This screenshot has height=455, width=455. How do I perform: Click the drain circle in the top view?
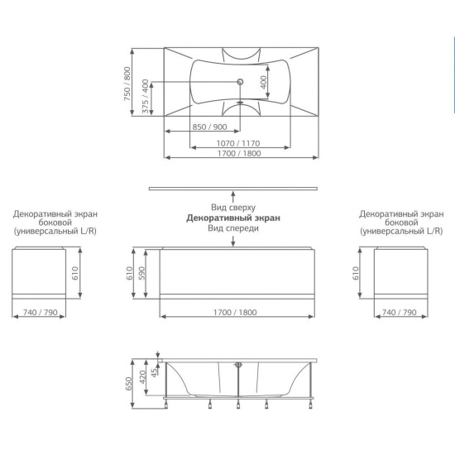tap(240, 82)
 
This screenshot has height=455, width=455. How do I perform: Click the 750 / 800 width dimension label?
tap(127, 84)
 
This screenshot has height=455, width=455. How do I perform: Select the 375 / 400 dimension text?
tap(146, 96)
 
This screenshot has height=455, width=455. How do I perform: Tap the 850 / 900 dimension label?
tap(209, 127)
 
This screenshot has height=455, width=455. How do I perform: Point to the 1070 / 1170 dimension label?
tap(238, 143)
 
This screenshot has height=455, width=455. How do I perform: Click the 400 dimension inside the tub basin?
tap(264, 82)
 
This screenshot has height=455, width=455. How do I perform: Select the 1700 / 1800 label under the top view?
tap(239, 153)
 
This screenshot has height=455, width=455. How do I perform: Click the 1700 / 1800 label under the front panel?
tap(235, 312)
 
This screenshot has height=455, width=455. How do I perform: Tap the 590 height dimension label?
tap(142, 273)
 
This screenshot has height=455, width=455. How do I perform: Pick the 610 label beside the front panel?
tap(129, 273)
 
